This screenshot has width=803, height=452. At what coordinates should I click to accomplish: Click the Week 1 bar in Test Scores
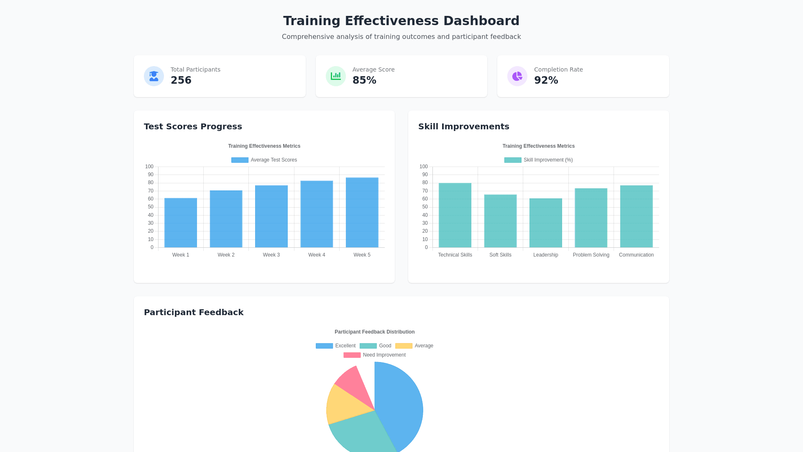point(181,223)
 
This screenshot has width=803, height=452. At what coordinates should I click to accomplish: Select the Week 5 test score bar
point(362,213)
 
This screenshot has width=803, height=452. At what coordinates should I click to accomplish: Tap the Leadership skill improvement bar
point(545,223)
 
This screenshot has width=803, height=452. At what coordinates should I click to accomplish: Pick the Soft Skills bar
point(500,221)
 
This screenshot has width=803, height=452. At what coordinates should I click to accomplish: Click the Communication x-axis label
point(636,255)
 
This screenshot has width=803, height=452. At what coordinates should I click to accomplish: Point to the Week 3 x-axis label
point(271,255)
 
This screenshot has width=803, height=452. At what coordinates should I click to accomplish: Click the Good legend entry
point(376,346)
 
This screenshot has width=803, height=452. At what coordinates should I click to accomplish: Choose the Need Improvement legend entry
point(375,355)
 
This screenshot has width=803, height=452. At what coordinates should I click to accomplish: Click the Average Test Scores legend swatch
point(240,160)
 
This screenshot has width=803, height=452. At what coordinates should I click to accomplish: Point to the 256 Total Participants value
point(181,80)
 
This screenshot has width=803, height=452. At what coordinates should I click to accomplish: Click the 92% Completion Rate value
point(546,80)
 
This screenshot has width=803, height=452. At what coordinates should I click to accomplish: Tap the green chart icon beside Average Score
point(335,76)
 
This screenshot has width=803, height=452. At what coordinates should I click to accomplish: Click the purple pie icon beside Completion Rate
point(517,76)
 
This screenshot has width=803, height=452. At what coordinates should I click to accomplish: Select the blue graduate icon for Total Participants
point(154,76)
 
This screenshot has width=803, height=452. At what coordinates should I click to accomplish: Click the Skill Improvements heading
point(463,126)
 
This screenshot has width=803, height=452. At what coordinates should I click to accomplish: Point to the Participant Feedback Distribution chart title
point(374,332)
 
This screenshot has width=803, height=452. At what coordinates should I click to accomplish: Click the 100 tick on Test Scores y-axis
point(149,167)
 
